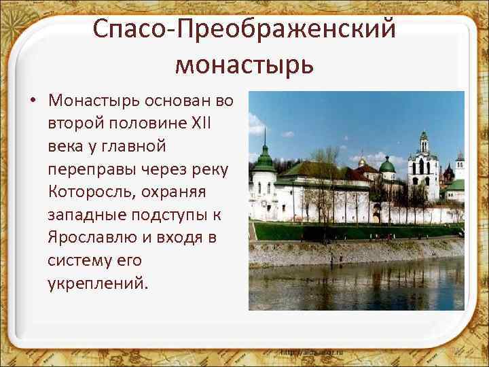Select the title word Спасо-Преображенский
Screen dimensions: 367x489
click(x=244, y=29)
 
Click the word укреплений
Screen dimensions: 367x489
click(x=96, y=283)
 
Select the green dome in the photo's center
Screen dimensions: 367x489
click(x=386, y=164)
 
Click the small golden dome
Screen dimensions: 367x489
click(x=363, y=162)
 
